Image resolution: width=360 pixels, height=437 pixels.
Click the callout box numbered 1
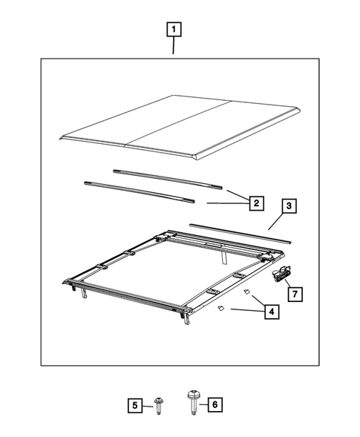174,30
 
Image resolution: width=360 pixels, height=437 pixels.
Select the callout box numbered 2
254,203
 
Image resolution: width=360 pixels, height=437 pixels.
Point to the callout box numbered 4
272,312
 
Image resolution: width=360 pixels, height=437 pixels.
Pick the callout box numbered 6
214,404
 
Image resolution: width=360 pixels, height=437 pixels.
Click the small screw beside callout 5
160,404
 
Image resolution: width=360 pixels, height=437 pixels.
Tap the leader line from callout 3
274,220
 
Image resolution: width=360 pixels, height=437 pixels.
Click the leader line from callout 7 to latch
289,285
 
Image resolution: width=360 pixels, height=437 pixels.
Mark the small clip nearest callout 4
244,292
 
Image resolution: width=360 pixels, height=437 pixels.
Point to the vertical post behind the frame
223,256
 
